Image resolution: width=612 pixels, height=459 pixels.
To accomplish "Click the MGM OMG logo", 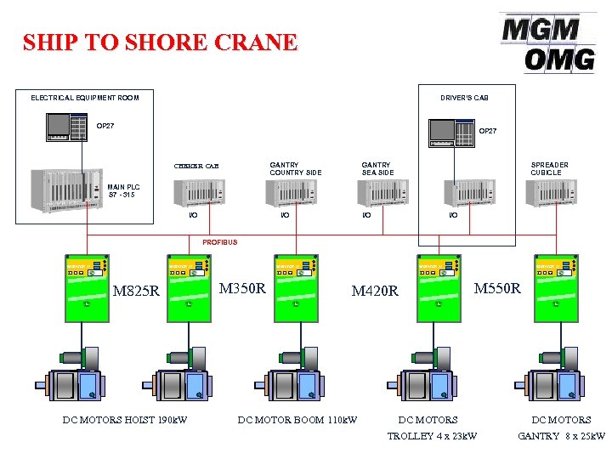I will pos(548,42).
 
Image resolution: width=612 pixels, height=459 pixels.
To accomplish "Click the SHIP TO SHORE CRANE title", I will pos(160,42).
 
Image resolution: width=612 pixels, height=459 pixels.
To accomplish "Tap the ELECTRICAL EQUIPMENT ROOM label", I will pos(85,98).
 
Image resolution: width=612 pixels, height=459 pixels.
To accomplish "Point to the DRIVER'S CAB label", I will pos(464,98).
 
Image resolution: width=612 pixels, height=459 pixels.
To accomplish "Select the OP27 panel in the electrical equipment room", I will pos(67,128).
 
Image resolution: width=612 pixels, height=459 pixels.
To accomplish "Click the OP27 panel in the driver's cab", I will pos(452,133).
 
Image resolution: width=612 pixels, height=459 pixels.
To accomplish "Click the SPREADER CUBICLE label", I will pos(549,168).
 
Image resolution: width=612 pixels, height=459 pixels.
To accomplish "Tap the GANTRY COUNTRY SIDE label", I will pos(296,168).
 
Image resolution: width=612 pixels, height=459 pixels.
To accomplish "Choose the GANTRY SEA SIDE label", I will pos(377,168).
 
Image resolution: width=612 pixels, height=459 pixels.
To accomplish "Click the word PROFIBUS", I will pos(220,242).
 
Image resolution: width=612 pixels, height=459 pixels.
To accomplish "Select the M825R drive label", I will pos(136,292).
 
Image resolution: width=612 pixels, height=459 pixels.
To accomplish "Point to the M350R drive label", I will pos(242,288).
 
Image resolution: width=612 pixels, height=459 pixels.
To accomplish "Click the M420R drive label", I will pos(375,292).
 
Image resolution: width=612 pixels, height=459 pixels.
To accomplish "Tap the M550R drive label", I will pos(496,288).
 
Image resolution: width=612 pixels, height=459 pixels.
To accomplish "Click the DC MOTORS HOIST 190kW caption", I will pos(125,419).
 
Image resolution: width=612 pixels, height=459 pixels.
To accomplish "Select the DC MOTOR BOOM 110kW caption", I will pos(297,419).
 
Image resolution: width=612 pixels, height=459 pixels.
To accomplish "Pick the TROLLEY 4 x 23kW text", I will pos(432,436).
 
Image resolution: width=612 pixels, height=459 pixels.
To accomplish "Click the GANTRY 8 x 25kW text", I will pos(561,436).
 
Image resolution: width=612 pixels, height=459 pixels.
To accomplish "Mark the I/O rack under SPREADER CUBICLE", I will pos(551,193).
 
